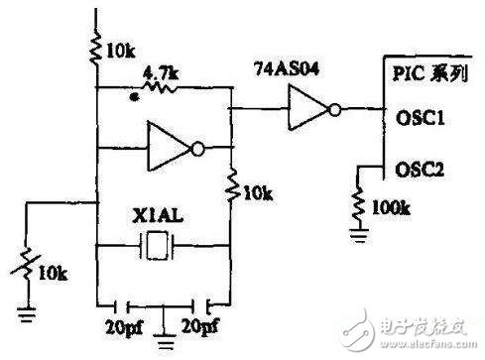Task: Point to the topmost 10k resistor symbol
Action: click(x=96, y=49)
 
